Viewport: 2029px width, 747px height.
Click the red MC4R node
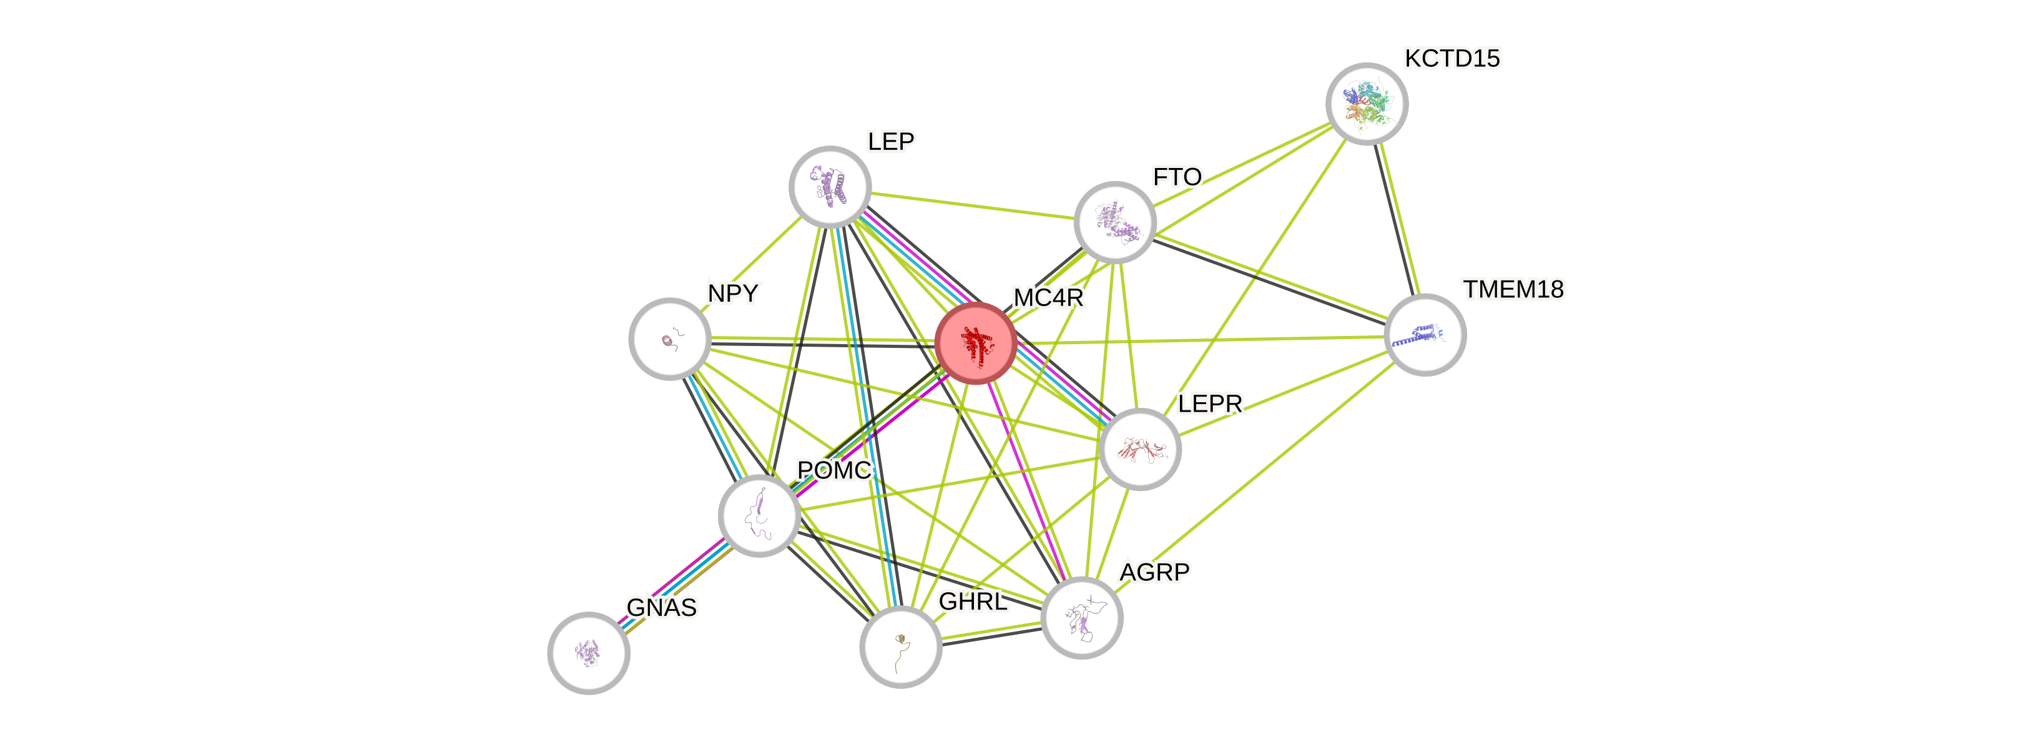(976, 343)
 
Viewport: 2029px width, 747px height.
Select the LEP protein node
(830, 187)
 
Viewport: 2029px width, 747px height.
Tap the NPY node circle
(669, 339)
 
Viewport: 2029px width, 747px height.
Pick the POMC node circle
(759, 515)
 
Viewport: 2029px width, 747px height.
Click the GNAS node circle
(588, 653)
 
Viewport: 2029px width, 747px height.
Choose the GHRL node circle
(900, 647)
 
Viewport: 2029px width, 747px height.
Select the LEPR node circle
(1140, 449)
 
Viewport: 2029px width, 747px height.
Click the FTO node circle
(1114, 222)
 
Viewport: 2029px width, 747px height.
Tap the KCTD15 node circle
(1367, 104)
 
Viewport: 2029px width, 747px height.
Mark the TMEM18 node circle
(1425, 335)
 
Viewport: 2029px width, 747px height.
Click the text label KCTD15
(1452, 58)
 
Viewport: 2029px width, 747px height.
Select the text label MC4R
(1048, 297)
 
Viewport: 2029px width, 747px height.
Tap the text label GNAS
(662, 608)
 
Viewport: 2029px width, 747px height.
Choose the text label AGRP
(1155, 571)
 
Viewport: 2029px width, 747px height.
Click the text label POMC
(834, 470)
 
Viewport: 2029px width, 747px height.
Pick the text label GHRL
(973, 601)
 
